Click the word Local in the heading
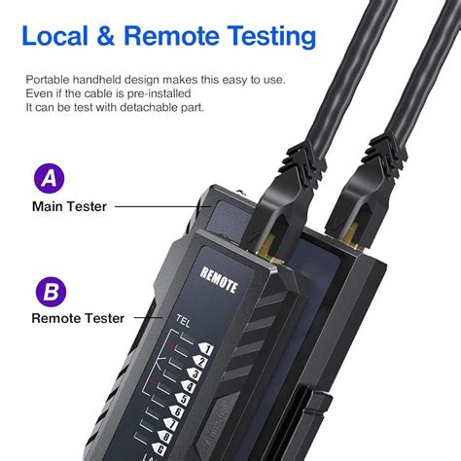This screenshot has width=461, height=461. [57, 37]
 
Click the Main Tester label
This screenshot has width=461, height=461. [70, 206]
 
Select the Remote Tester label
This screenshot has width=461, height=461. [78, 317]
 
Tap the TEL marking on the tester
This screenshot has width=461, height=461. [183, 319]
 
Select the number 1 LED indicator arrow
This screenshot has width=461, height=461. [205, 348]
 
